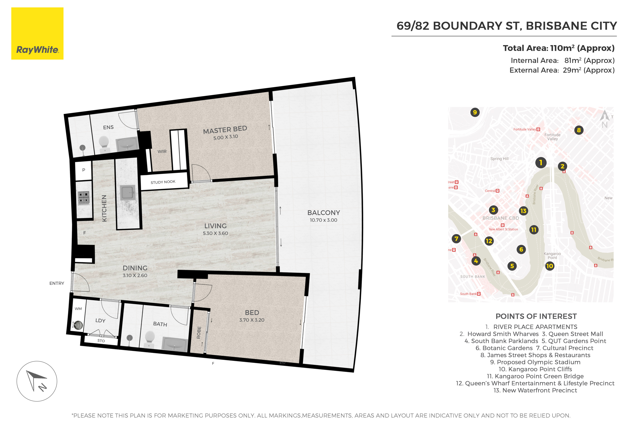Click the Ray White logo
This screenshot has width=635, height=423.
coord(37,33)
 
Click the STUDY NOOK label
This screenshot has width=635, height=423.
coord(163,182)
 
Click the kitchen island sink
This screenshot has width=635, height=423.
coord(127,192)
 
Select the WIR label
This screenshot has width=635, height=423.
coord(162,152)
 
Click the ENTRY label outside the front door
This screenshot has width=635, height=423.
coord(57,283)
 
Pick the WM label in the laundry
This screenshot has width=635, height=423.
coord(78,309)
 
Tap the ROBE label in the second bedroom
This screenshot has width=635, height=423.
coord(199,332)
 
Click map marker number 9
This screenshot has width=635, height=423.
coord(475,112)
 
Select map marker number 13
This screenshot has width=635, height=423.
coord(523,211)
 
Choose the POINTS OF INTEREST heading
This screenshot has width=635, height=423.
coord(536,316)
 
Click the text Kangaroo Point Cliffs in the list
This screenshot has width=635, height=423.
coord(535,369)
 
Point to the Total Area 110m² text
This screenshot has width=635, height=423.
coord(559,48)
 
